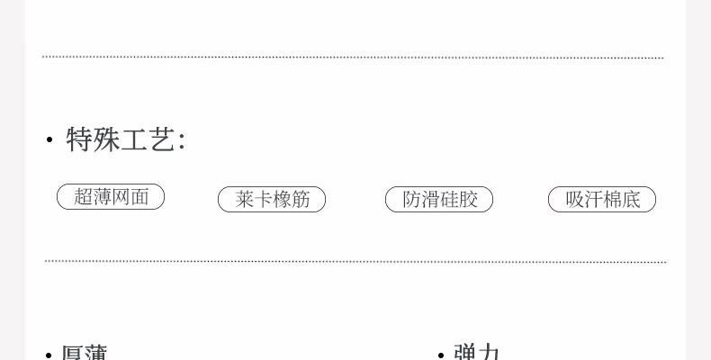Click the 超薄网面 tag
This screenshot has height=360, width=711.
coord(111,197)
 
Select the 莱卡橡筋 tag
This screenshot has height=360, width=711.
coord(272,200)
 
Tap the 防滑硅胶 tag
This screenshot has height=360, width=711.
coord(439,200)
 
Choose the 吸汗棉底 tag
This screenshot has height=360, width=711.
coord(602,200)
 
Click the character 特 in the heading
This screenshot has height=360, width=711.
coord(81,139)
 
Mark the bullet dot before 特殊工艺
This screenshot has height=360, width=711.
coord(49,140)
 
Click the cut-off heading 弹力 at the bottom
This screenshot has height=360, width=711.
coord(477,352)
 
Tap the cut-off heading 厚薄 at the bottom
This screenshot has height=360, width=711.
coord(85,352)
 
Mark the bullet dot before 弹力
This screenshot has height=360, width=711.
coord(441,355)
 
